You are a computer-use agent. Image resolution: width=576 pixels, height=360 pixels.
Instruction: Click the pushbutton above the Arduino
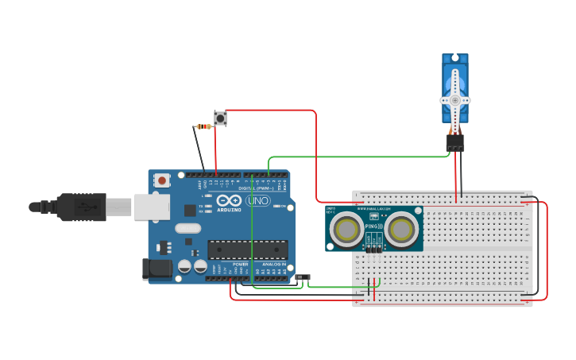click(x=220, y=118)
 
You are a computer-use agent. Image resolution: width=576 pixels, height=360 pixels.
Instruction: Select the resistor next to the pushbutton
click(x=204, y=126)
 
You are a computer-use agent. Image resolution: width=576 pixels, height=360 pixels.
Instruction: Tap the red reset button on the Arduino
click(x=162, y=180)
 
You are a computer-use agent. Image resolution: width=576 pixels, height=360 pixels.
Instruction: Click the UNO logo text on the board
click(x=257, y=201)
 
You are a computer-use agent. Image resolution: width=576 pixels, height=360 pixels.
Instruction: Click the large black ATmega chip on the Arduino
click(x=247, y=250)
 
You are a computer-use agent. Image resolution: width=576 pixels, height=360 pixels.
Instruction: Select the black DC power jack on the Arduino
click(x=157, y=269)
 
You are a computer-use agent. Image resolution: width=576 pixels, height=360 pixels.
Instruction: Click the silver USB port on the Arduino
click(x=151, y=207)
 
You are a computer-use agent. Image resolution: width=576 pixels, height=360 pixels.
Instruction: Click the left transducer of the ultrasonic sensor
click(x=347, y=229)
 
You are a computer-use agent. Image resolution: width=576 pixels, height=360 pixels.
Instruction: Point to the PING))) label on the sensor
click(x=373, y=226)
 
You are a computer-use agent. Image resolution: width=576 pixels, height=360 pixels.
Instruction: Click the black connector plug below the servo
click(x=455, y=142)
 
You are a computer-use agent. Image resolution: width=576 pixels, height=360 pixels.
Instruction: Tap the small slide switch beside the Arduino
click(x=303, y=277)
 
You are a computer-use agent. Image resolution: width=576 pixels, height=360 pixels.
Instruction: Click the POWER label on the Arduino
click(x=240, y=264)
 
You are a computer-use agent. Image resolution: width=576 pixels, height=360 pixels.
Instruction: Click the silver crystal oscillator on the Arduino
click(x=188, y=229)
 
